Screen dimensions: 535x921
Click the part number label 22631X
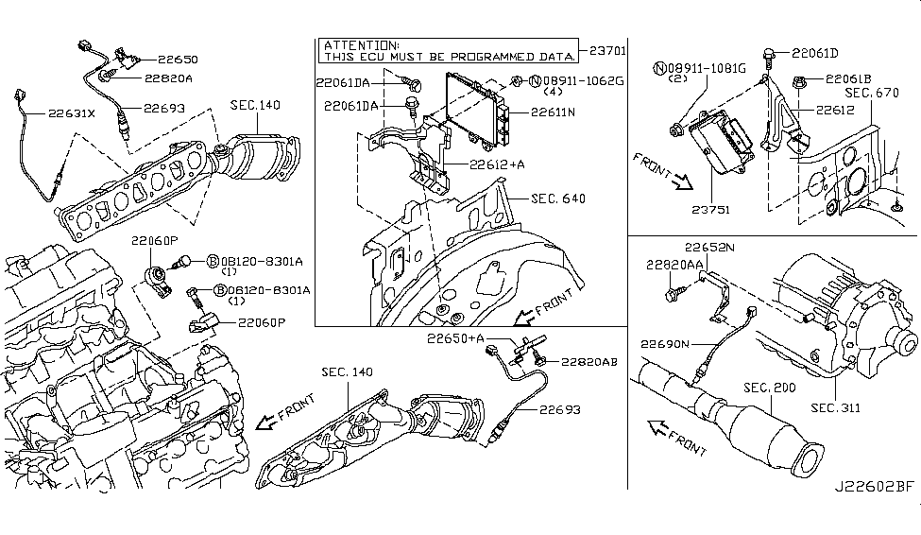pos(72,115)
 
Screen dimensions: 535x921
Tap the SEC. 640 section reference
pos(557,199)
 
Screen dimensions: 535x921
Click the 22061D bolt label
pos(815,53)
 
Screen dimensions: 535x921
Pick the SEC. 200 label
pos(769,388)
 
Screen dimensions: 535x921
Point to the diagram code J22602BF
pos(874,515)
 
